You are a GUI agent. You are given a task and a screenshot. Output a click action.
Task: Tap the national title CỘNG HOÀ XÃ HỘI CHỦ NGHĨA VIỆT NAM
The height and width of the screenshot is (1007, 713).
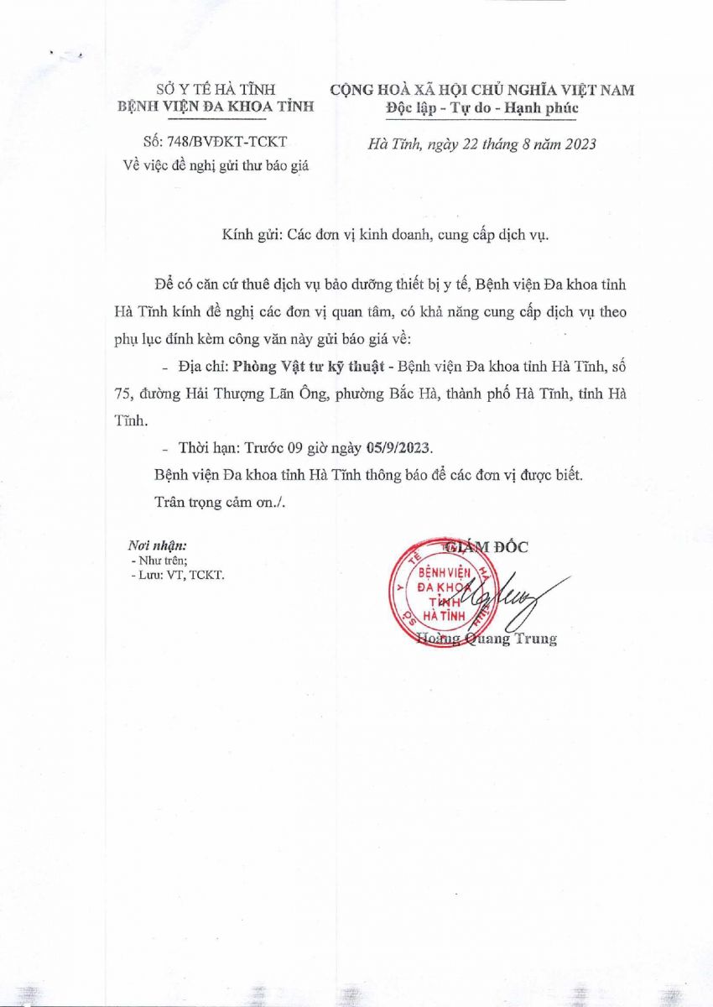click(482, 90)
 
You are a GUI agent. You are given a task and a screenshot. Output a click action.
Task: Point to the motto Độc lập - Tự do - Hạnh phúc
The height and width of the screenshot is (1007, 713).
click(482, 107)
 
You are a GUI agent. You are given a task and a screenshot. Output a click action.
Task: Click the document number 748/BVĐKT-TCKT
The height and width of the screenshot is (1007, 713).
click(224, 143)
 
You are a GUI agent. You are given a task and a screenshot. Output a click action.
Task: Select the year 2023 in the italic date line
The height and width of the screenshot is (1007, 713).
click(579, 143)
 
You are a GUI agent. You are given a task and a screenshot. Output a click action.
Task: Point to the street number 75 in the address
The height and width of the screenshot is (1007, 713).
click(122, 390)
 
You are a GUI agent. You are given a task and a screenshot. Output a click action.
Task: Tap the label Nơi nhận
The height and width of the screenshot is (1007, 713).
click(157, 545)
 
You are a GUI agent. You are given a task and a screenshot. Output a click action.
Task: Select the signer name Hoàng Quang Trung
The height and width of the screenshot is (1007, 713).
click(487, 639)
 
